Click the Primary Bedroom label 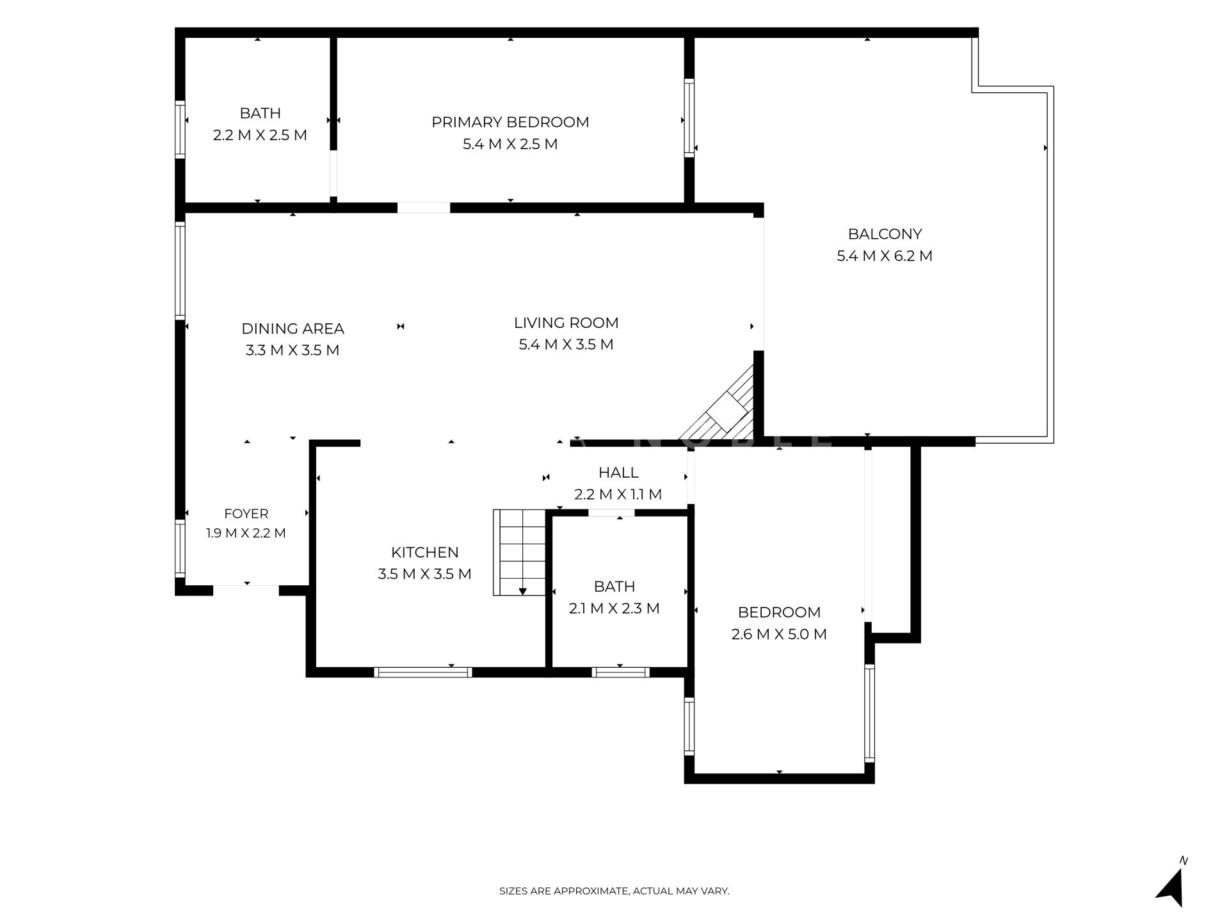tap(510, 122)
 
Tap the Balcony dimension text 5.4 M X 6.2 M tap(885, 256)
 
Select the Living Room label tap(566, 323)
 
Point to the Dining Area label tap(293, 328)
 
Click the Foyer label tap(246, 514)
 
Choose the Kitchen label tap(425, 552)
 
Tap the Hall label tap(618, 473)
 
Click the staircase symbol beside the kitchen tap(519, 553)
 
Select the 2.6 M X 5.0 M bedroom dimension tap(779, 634)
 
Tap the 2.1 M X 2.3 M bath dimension tap(614, 608)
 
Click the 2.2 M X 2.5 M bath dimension tap(260, 135)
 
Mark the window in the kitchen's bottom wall tap(423, 672)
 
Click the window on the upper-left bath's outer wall tap(180, 129)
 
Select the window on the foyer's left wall tap(180, 548)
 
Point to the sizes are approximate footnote tap(614, 891)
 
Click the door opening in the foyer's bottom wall tap(246, 590)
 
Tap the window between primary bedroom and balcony tap(689, 118)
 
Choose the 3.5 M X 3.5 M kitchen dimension tap(424, 574)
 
